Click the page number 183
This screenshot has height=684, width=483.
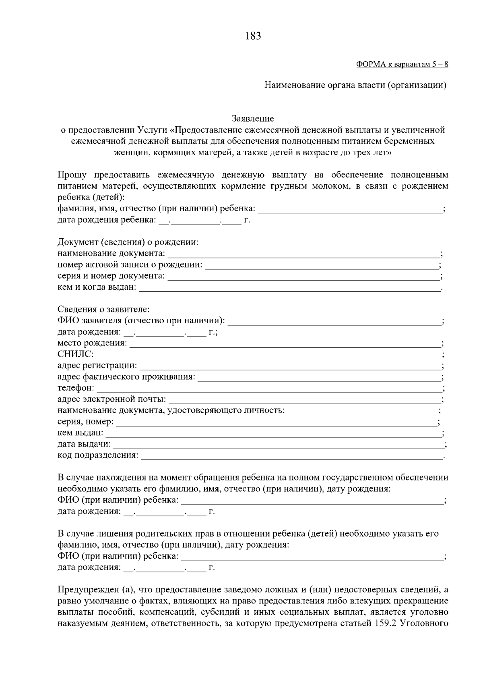pos(253,36)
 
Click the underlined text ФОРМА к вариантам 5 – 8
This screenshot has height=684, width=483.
pos(402,64)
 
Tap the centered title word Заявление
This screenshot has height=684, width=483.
pos(253,119)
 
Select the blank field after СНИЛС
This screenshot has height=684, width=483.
pos(268,355)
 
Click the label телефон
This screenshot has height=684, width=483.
pos(76,388)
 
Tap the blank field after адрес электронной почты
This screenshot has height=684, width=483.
pos(305,400)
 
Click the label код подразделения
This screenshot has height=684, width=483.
pos(98,455)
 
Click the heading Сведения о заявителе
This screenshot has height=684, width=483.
pos(103,310)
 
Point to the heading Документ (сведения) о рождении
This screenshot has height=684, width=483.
pos(128,243)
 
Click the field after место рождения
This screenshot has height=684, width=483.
pos(285,344)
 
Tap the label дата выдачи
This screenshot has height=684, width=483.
pos(84,444)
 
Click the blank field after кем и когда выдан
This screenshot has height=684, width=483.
pos(290,289)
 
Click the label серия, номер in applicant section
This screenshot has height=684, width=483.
pos(85,422)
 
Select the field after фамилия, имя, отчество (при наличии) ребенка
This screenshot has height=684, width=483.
pos(350,209)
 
